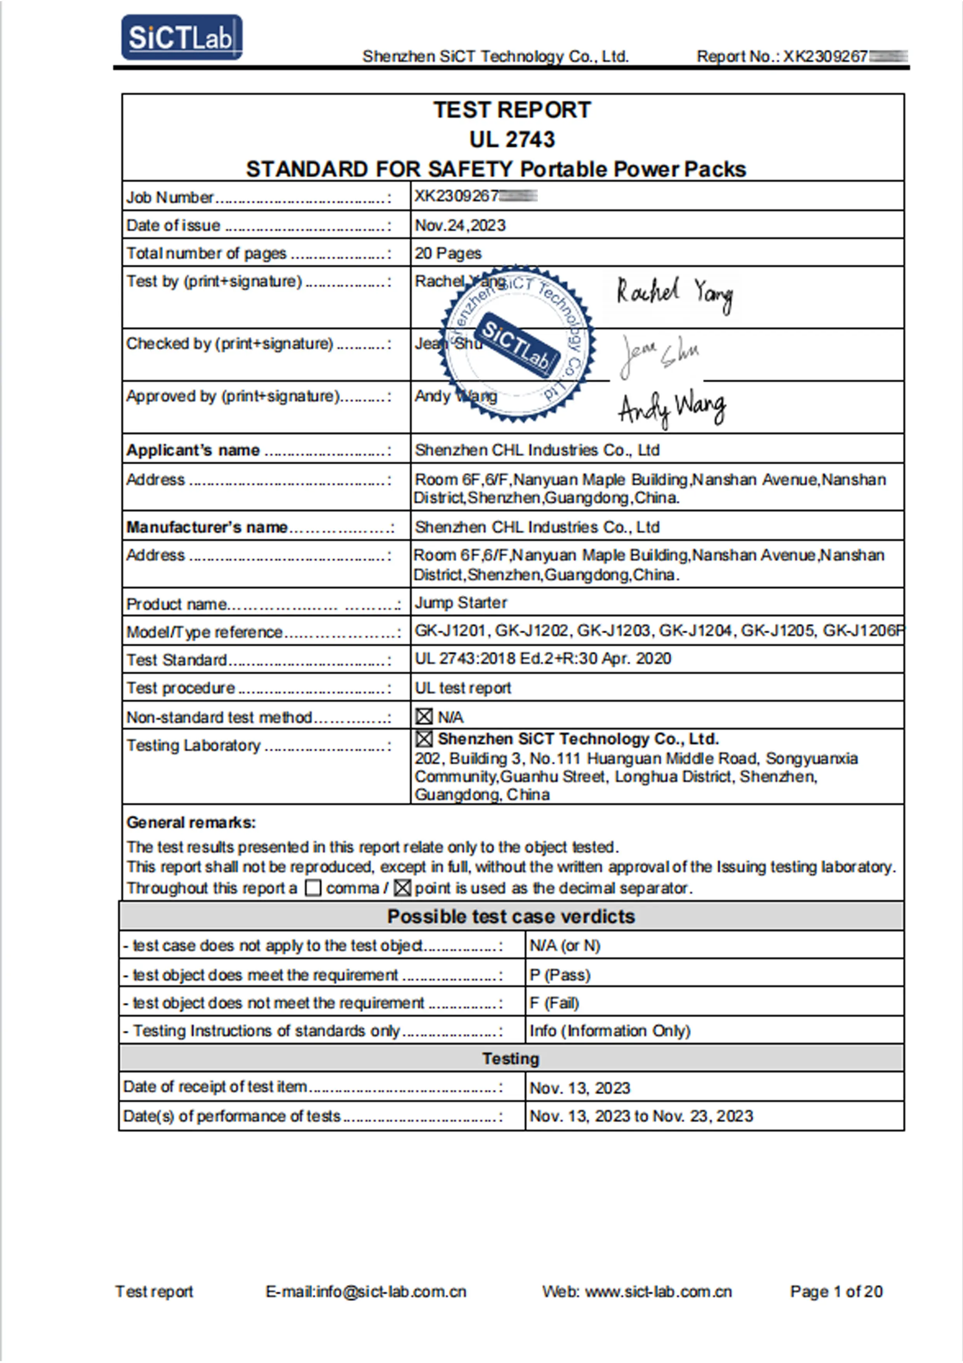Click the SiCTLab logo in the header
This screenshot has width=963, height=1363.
tap(182, 37)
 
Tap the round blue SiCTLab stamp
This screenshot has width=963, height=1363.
tap(517, 344)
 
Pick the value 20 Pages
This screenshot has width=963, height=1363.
tap(448, 253)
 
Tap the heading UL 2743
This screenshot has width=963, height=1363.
tap(512, 139)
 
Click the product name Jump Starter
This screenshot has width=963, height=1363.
tap(461, 603)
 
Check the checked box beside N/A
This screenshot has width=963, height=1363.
tap(424, 717)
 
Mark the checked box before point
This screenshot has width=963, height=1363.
tap(402, 888)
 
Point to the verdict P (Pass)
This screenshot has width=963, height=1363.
tap(560, 975)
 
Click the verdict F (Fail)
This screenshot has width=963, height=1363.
tap(554, 1003)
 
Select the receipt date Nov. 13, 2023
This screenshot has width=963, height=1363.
tap(580, 1088)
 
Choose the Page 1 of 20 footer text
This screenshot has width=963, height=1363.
tap(836, 1292)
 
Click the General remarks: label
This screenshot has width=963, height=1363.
tap(191, 823)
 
